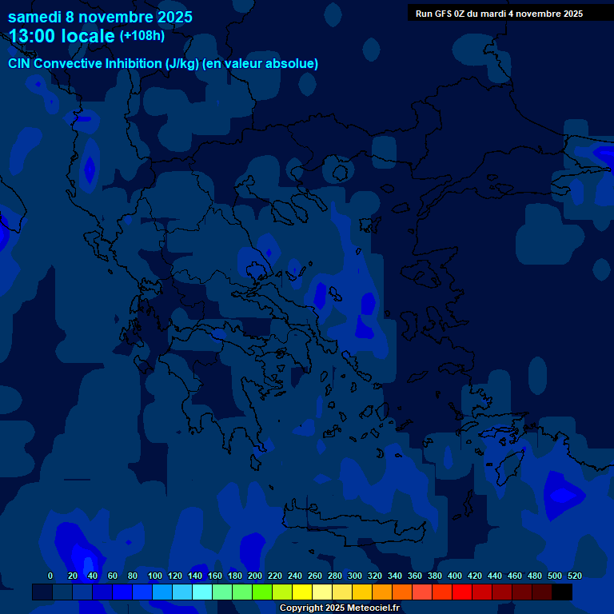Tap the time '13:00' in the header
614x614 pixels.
(36, 36)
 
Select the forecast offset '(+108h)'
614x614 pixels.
(142, 36)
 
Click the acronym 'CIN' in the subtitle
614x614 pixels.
(21, 64)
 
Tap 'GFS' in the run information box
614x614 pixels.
(448, 14)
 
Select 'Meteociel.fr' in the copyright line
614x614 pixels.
(373, 608)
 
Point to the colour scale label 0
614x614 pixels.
(50, 576)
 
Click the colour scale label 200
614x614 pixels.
(255, 576)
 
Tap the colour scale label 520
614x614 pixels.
(575, 576)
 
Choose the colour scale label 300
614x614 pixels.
(355, 576)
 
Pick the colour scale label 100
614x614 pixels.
(155, 576)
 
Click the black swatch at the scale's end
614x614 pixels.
(562, 592)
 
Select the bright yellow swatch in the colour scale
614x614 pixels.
(302, 592)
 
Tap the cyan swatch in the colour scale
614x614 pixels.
(202, 592)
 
